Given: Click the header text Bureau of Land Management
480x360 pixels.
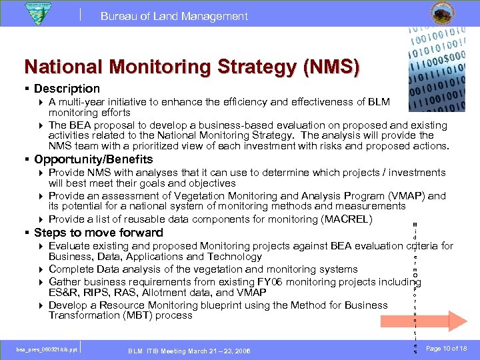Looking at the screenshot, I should (x=174, y=16).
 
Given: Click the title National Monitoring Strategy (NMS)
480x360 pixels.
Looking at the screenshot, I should (x=192, y=67).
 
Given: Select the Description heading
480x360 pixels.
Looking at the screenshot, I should (x=67, y=89).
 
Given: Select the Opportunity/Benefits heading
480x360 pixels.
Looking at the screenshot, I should (x=93, y=159).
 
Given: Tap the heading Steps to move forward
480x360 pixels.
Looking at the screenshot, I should (x=98, y=233).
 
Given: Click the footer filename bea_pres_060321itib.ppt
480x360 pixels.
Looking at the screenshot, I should (x=47, y=349).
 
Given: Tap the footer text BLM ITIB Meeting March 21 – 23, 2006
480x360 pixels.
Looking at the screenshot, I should (x=189, y=351).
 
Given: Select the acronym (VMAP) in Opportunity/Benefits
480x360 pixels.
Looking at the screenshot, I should (x=409, y=196).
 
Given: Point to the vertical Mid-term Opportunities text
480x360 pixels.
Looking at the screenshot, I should (x=415, y=287).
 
